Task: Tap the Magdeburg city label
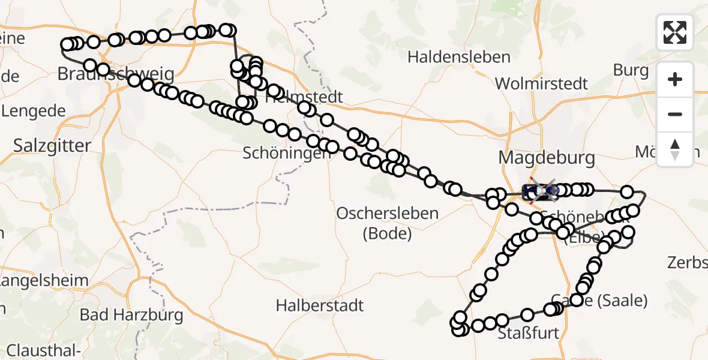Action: tap(547, 158)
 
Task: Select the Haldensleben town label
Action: tap(459, 58)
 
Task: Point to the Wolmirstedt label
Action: tap(542, 83)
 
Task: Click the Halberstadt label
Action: tap(320, 305)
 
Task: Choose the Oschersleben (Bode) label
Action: tap(388, 223)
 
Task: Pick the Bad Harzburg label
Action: tap(123, 314)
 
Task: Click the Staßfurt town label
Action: tap(529, 333)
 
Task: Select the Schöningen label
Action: tap(286, 154)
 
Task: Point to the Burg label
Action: tap(630, 70)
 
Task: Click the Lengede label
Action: tap(34, 111)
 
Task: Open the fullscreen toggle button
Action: tap(675, 32)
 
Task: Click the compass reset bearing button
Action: tap(675, 149)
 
